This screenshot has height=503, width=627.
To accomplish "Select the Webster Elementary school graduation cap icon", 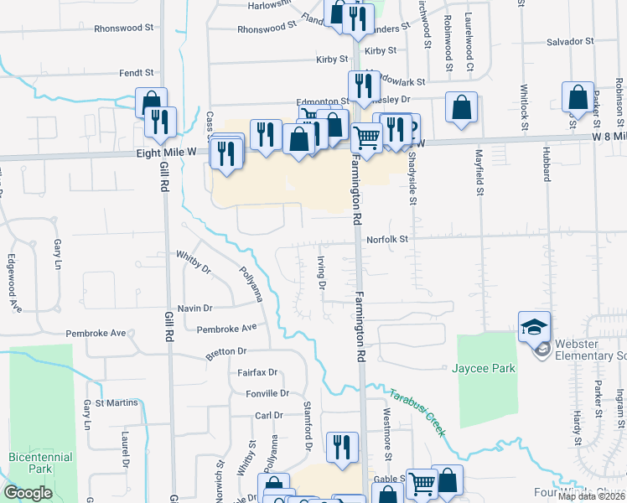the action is click(534, 326).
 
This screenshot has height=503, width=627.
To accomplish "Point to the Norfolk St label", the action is click(386, 239).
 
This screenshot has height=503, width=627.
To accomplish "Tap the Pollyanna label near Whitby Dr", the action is click(251, 284).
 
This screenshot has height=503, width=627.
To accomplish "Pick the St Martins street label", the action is click(117, 403).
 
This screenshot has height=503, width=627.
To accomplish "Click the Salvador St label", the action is click(570, 41).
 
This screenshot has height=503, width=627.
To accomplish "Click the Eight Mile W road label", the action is click(167, 153).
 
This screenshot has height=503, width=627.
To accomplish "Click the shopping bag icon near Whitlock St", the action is click(578, 98).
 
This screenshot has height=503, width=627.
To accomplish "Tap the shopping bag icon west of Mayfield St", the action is click(461, 107).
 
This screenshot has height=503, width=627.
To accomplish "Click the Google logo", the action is click(28, 493).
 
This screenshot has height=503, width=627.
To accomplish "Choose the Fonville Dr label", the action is click(267, 392).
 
